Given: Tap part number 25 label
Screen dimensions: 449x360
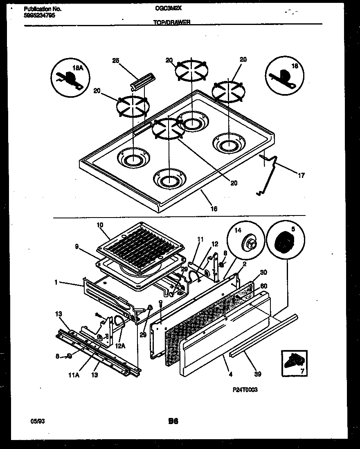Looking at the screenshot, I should pos(115,61).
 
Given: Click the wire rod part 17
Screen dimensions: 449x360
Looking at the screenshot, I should pos(269,173).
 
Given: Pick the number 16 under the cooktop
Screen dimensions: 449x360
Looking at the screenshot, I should pos(214,209).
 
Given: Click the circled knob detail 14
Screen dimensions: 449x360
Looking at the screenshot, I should pos(246,242).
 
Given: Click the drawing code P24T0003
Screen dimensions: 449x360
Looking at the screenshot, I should pos(245,390).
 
